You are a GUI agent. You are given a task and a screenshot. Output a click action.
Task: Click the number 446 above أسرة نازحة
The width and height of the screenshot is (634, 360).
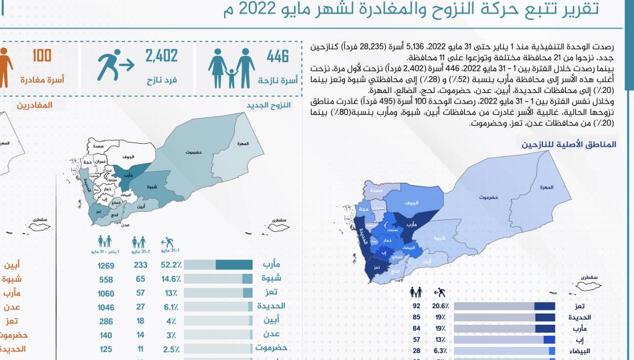coord(278,56)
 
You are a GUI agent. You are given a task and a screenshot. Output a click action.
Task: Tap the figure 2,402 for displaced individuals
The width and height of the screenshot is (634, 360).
coord(162,56)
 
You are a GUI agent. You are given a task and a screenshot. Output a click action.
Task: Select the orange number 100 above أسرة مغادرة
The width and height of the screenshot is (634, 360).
coord(42,56)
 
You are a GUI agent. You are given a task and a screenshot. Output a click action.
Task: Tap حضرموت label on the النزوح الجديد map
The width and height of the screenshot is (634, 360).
coord(194,152)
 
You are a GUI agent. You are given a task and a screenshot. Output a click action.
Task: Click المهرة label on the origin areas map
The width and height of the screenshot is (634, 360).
coord(546,188)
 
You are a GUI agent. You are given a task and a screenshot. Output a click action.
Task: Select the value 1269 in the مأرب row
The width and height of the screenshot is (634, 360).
coord(106,265)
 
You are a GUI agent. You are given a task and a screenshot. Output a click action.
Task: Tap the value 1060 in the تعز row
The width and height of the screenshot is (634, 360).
coord(106,293)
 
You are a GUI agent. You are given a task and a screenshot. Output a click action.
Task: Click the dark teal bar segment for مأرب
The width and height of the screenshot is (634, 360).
coord(234,265)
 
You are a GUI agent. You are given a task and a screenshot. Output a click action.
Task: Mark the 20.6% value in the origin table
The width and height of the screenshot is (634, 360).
coord(441,306)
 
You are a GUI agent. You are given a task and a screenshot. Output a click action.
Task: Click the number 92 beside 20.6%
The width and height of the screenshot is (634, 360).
coord(416,306)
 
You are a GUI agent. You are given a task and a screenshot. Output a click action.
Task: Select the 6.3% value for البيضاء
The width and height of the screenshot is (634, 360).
coord(441,351)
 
